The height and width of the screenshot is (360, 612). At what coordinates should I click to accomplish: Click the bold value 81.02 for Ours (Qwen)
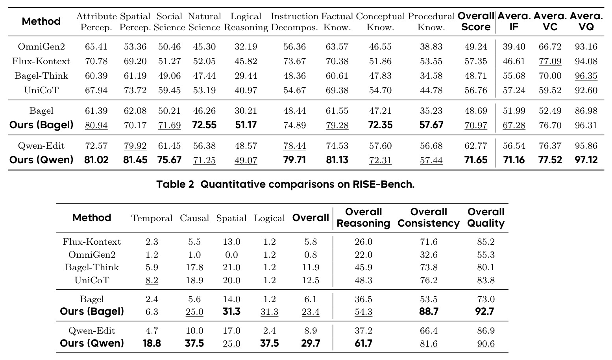point(96,160)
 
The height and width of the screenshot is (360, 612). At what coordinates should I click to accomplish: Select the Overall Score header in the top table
point(476,21)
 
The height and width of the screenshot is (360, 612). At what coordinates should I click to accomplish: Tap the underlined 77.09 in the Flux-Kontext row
point(550,61)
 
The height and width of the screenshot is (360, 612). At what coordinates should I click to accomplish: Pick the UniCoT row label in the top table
point(41,90)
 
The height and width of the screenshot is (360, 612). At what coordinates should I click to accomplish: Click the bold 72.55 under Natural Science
point(204,125)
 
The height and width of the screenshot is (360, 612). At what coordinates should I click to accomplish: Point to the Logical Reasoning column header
point(246,22)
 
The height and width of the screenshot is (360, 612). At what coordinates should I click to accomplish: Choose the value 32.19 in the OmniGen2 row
point(246,47)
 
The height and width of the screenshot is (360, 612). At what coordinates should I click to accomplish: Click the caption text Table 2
point(175,185)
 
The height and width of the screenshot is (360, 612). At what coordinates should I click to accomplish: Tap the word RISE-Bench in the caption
point(383,185)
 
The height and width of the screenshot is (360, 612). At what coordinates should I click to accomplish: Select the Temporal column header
point(152,218)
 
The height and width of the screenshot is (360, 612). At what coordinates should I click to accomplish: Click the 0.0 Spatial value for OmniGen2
point(231,255)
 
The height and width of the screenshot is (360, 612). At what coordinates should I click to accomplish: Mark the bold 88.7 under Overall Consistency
point(429,311)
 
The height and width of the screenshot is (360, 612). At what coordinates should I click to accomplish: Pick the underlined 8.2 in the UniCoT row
point(152,280)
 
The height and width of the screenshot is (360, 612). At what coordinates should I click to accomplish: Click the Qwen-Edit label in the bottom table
point(92,331)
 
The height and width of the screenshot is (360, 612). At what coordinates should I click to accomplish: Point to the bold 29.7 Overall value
point(311,343)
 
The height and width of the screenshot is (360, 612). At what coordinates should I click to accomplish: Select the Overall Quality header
point(486,218)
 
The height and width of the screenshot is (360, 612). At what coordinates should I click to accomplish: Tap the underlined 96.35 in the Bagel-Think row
point(586,76)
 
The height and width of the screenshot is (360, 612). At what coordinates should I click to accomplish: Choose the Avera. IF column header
point(514,21)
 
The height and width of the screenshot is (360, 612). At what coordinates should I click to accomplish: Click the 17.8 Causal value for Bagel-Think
point(194,268)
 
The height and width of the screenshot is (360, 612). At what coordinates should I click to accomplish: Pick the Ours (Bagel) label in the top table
point(41,125)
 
